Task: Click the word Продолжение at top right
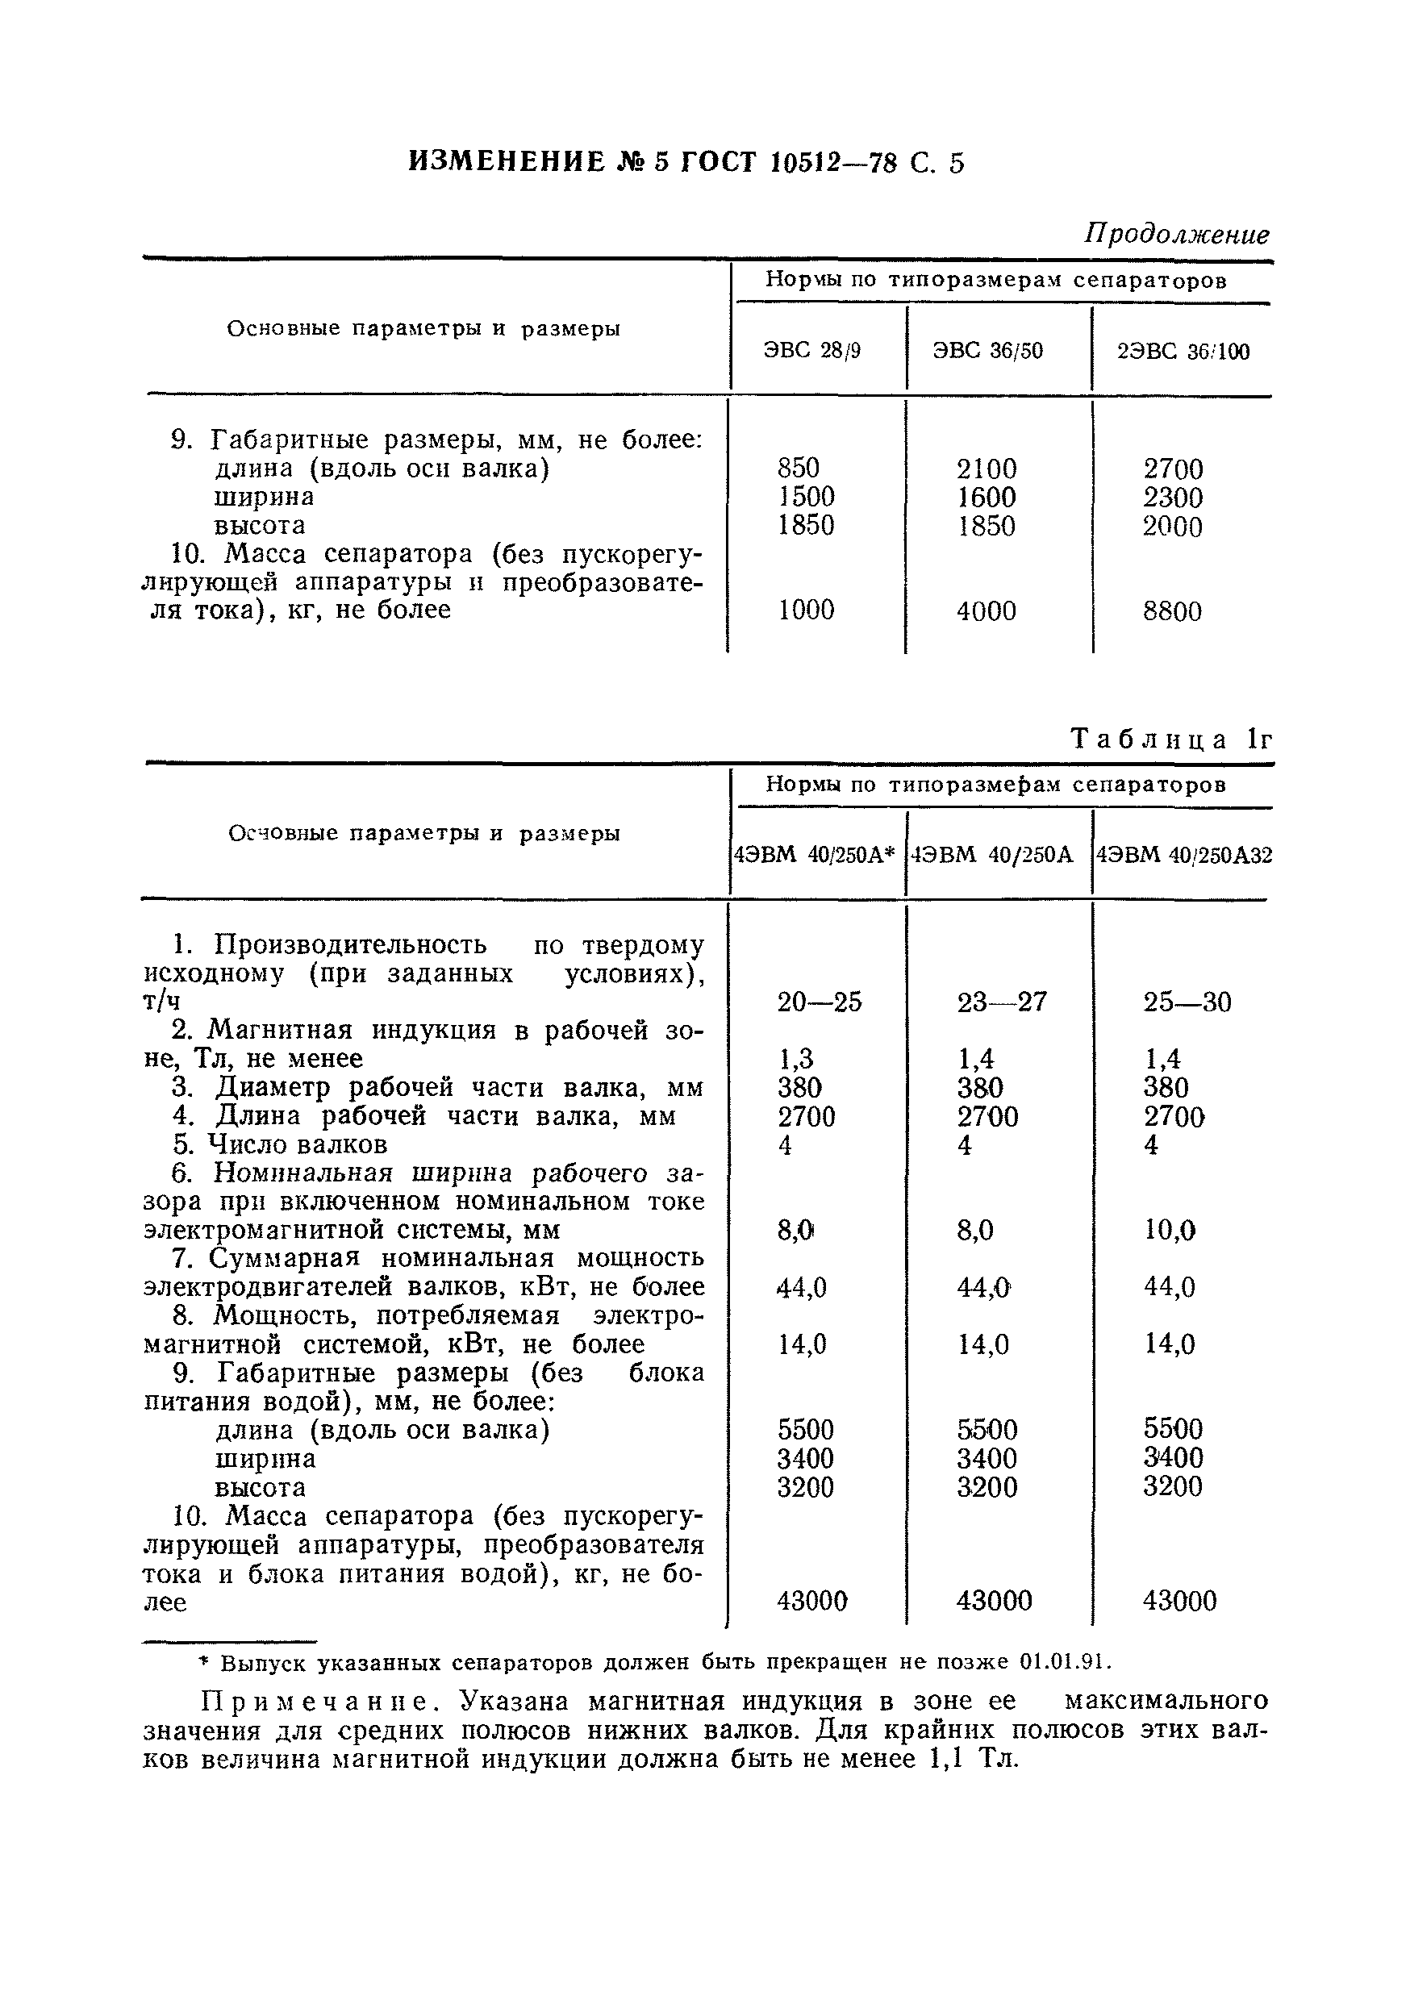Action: (x=1175, y=235)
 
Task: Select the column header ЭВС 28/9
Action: (x=811, y=351)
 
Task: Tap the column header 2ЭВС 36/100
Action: (x=1183, y=352)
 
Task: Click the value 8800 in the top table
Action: (x=1172, y=610)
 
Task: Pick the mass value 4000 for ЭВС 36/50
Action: (x=986, y=610)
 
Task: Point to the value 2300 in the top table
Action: (x=1172, y=498)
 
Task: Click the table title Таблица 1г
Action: (x=1171, y=740)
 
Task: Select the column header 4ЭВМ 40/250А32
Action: (x=1183, y=856)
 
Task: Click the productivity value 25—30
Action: (x=1187, y=1002)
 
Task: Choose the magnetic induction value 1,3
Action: (x=795, y=1058)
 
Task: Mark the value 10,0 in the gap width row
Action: (x=1169, y=1230)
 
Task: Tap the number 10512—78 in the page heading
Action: (x=834, y=163)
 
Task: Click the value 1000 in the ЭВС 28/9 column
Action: (x=805, y=610)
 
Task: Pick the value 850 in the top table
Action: (x=799, y=469)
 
